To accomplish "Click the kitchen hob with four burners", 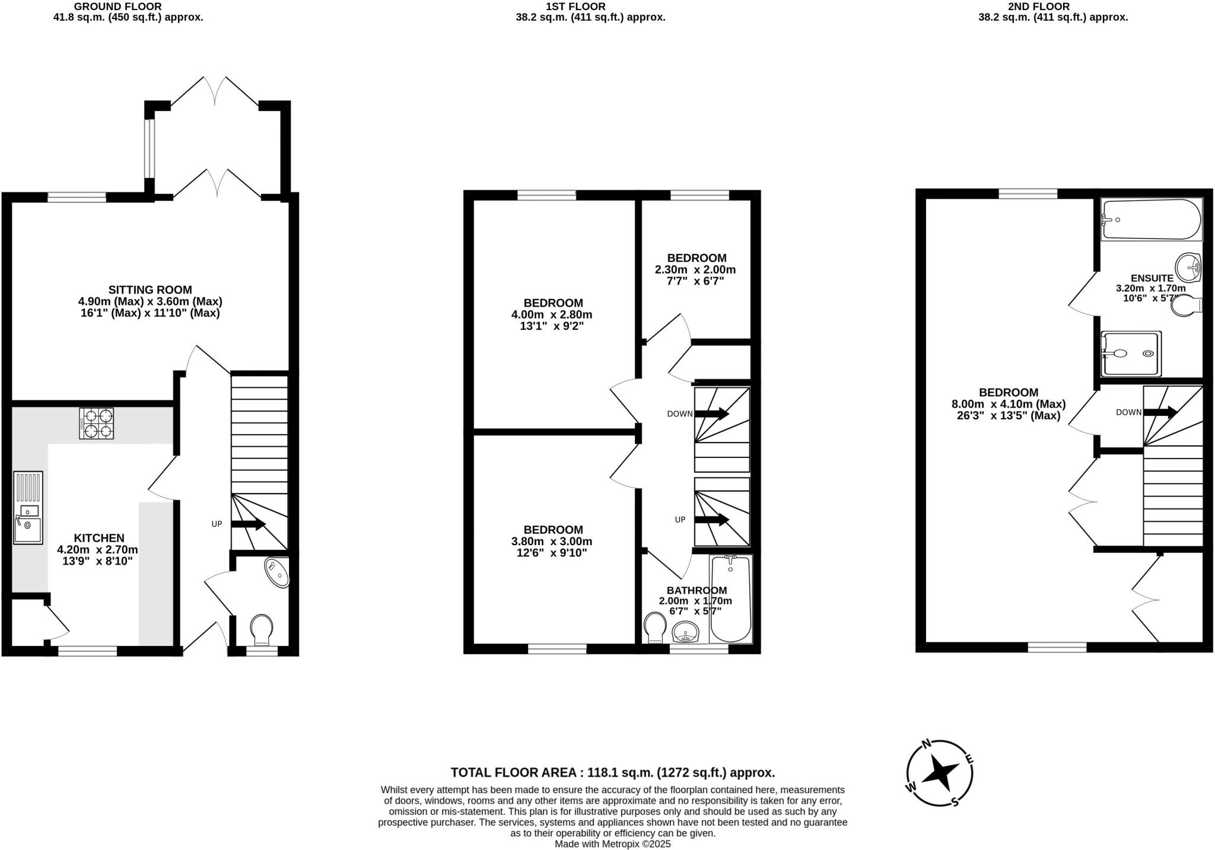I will pos(96,423).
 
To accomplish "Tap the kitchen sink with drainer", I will pos(28,508).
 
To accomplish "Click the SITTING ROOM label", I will pos(150,290).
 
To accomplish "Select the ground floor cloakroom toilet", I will pos(262,629).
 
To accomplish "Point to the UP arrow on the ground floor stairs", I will pos(248,524).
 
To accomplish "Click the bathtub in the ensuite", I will pos(1151,219).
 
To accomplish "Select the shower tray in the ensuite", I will pos(1131,354).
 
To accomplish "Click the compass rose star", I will pos(940,773).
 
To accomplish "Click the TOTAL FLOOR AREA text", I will pos(612,772).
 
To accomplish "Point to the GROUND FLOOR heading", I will pos(117,7).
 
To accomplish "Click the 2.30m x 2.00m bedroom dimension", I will pos(695,270).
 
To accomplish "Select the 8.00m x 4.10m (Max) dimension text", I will pos(1009,404).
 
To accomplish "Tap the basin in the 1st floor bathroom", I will pos(686,635).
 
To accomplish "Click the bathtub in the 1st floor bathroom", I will pos(730,599).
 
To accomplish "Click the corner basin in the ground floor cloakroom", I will pos(277,572).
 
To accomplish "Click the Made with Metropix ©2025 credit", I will pos(612,843).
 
